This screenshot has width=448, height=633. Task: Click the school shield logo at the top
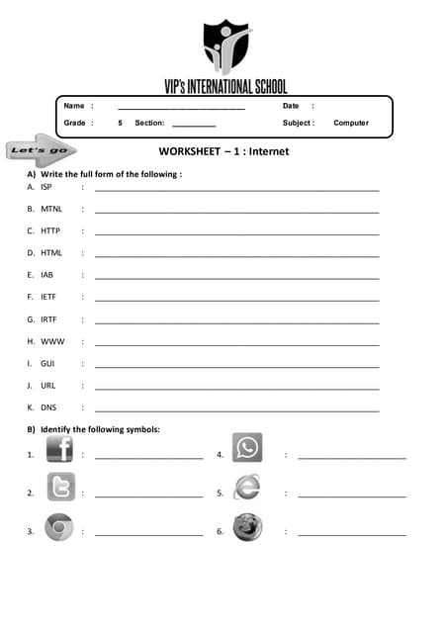226,45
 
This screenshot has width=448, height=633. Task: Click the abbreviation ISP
46,186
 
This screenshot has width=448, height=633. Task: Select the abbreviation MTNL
51,209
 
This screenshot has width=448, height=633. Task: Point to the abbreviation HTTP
50,230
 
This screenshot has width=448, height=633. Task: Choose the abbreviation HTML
51,252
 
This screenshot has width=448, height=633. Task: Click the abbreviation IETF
47,297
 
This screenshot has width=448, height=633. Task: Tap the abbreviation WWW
51,341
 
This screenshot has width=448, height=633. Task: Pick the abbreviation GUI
46,363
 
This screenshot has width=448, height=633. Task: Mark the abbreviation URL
47,386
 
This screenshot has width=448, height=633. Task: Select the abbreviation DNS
47,407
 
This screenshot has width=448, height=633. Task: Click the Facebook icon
59,450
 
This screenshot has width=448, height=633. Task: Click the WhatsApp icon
247,448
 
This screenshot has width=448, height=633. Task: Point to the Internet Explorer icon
246,487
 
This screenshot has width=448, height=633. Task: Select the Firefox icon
247,527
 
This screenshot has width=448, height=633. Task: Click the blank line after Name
181,106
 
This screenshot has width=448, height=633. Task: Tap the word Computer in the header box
351,124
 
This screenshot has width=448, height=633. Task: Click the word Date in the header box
291,106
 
